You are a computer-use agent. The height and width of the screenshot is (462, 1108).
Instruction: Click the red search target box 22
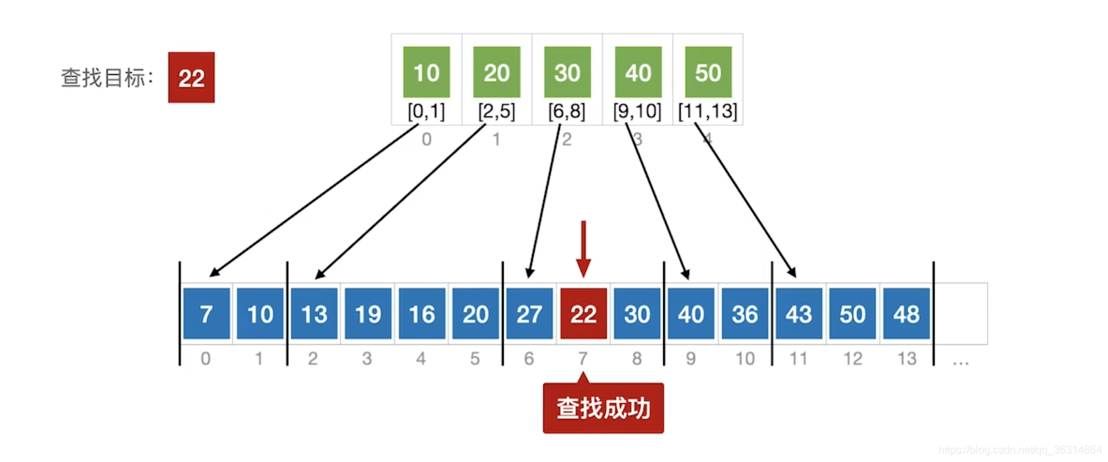191,78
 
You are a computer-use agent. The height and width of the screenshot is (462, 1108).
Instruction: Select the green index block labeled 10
426,72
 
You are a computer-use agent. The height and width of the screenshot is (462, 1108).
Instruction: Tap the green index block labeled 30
567,72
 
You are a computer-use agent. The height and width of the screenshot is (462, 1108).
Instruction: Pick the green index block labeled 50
708,72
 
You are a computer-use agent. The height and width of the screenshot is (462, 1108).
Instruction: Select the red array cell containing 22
583,313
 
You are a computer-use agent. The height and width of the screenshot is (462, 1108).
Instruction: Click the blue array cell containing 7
206,313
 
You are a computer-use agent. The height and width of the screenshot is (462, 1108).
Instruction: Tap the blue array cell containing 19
368,313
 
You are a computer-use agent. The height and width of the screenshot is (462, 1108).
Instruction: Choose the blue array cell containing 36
745,313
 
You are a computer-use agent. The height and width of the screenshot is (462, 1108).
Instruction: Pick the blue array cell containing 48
907,313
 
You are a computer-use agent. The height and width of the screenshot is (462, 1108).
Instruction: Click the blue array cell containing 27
529,313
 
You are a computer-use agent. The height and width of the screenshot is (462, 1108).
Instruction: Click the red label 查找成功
604,408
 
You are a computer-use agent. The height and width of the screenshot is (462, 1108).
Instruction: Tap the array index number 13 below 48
907,359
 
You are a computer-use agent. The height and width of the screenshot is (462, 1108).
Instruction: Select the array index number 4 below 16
421,359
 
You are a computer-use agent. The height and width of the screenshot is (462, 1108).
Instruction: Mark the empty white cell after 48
961,313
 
